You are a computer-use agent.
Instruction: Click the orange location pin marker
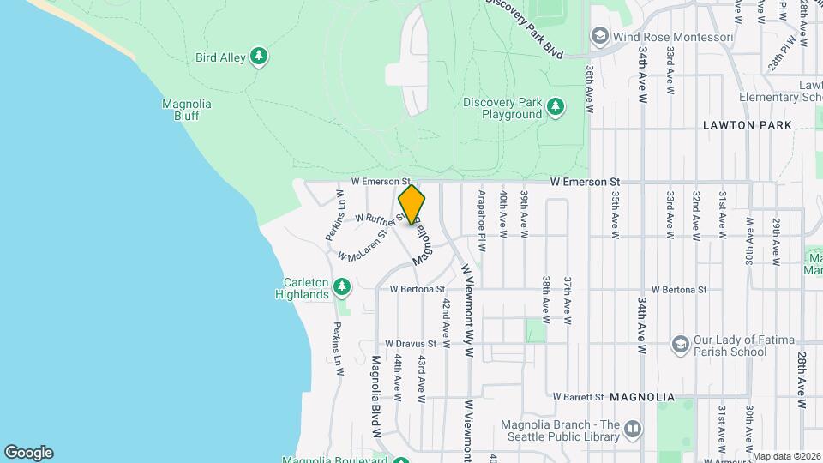point(411,205)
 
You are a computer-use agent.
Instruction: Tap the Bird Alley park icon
point(259,57)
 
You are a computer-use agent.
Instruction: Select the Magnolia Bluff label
point(186,110)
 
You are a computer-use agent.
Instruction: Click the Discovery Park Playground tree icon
point(556,105)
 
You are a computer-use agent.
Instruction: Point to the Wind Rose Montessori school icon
point(599,37)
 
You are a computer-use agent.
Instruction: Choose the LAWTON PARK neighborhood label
point(740,125)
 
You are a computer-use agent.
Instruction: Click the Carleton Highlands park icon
point(342,286)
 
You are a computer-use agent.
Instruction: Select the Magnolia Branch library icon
point(632,427)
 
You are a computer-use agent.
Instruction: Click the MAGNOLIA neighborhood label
point(642,398)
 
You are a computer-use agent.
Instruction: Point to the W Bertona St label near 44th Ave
point(417,290)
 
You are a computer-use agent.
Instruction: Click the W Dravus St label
point(411,344)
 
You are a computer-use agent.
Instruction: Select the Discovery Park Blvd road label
point(525,28)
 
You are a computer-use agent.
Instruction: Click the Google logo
point(28,453)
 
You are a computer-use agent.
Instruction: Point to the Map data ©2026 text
point(785,456)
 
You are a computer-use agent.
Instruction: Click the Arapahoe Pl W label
point(483,220)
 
